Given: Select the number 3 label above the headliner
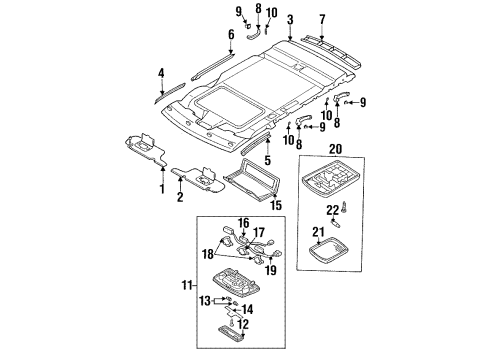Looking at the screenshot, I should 289,19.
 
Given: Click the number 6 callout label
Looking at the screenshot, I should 231,34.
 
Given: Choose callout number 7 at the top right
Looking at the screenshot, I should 322,19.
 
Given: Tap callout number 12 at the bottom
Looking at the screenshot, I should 244,352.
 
